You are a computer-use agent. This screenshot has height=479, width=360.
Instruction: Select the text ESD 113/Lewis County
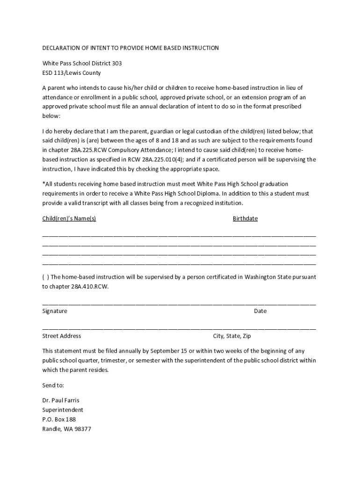[71, 73]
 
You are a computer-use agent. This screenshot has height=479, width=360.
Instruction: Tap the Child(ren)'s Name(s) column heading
[69, 218]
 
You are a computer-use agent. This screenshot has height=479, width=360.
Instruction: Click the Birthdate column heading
[245, 218]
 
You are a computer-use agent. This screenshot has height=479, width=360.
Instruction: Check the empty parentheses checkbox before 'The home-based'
[45, 277]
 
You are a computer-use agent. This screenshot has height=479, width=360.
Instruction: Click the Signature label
[55, 311]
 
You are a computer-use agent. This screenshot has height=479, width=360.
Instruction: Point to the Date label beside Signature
[260, 311]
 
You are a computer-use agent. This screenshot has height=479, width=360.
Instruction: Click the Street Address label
[61, 336]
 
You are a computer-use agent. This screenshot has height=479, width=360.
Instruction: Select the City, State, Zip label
[232, 336]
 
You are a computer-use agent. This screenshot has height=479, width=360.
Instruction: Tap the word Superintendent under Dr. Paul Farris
[63, 410]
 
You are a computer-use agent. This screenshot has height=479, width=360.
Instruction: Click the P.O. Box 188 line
[59, 419]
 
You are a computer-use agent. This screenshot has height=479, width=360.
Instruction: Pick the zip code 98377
[82, 428]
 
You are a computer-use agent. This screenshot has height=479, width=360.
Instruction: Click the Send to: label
[53, 385]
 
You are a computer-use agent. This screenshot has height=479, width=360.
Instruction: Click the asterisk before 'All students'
[43, 183]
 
